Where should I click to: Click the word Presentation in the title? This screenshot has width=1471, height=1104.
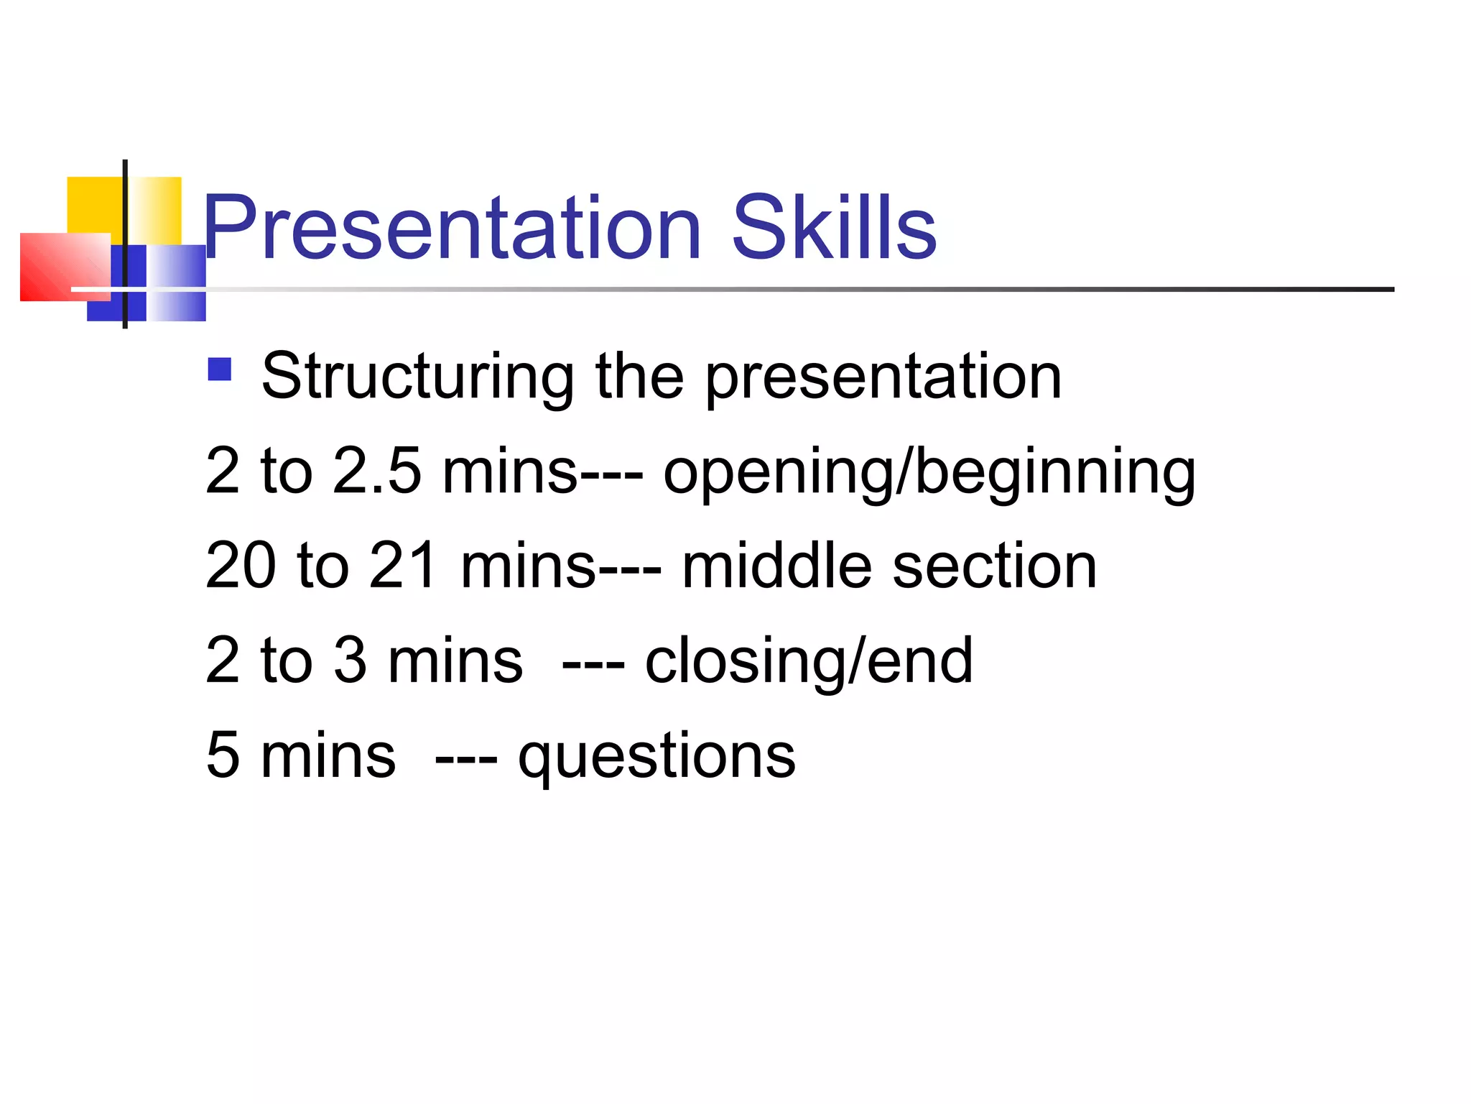point(452,229)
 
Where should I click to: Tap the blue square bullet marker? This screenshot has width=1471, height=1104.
point(219,369)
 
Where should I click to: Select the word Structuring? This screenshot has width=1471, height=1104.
point(417,377)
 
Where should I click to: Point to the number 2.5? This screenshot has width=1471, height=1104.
point(377,471)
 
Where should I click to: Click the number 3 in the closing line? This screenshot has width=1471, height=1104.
point(350,660)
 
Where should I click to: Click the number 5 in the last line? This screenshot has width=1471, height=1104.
point(223,755)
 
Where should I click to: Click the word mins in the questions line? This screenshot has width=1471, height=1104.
point(328,755)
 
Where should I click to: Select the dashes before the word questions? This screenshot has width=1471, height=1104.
point(466,759)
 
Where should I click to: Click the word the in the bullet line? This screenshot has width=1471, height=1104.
point(639,377)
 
